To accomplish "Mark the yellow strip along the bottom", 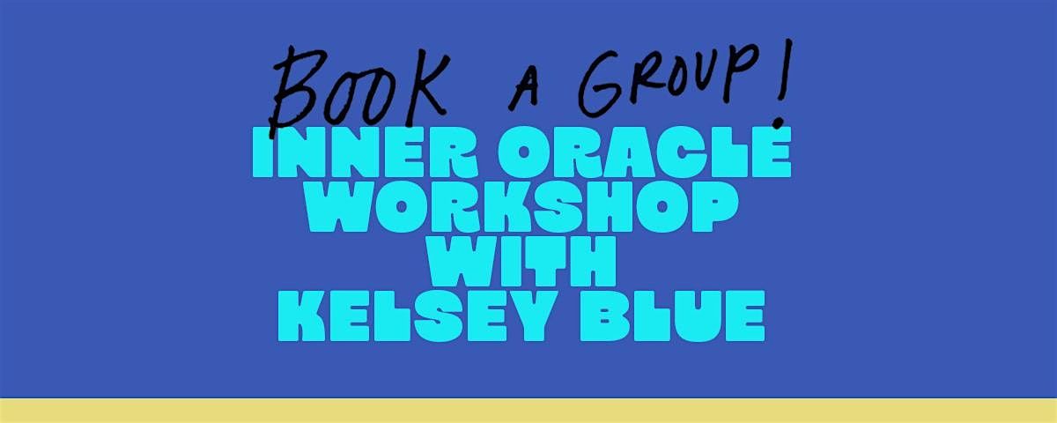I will pyautogui.click(x=528, y=411).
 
